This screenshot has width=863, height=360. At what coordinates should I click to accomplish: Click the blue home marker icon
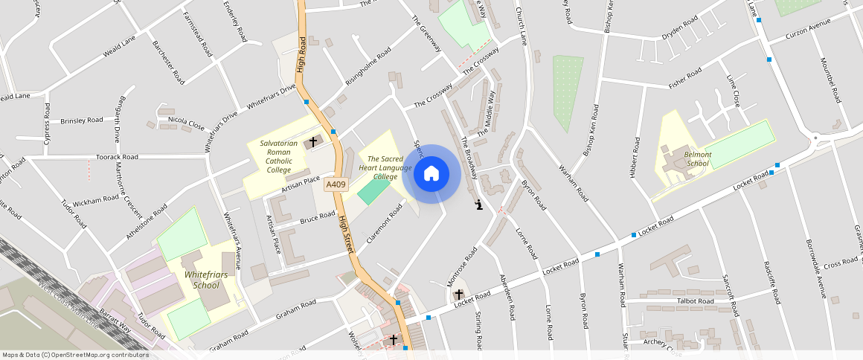click(x=431, y=174)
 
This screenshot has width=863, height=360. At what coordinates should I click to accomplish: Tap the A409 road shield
click(x=336, y=185)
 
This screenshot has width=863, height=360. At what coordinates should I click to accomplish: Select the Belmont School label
click(x=698, y=159)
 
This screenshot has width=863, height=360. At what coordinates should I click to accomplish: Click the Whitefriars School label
click(x=202, y=280)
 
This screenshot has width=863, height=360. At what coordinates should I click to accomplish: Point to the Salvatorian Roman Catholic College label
click(x=279, y=156)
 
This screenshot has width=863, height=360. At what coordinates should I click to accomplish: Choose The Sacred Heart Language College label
click(x=385, y=167)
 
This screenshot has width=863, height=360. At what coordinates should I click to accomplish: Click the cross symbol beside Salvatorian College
click(x=313, y=141)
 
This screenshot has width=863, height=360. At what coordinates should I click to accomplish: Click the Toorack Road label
click(x=118, y=158)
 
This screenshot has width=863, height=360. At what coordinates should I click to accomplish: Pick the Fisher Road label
click(x=684, y=77)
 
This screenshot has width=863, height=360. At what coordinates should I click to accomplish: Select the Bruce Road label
click(x=318, y=218)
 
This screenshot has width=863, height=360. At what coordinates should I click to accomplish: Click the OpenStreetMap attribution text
click(x=75, y=355)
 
